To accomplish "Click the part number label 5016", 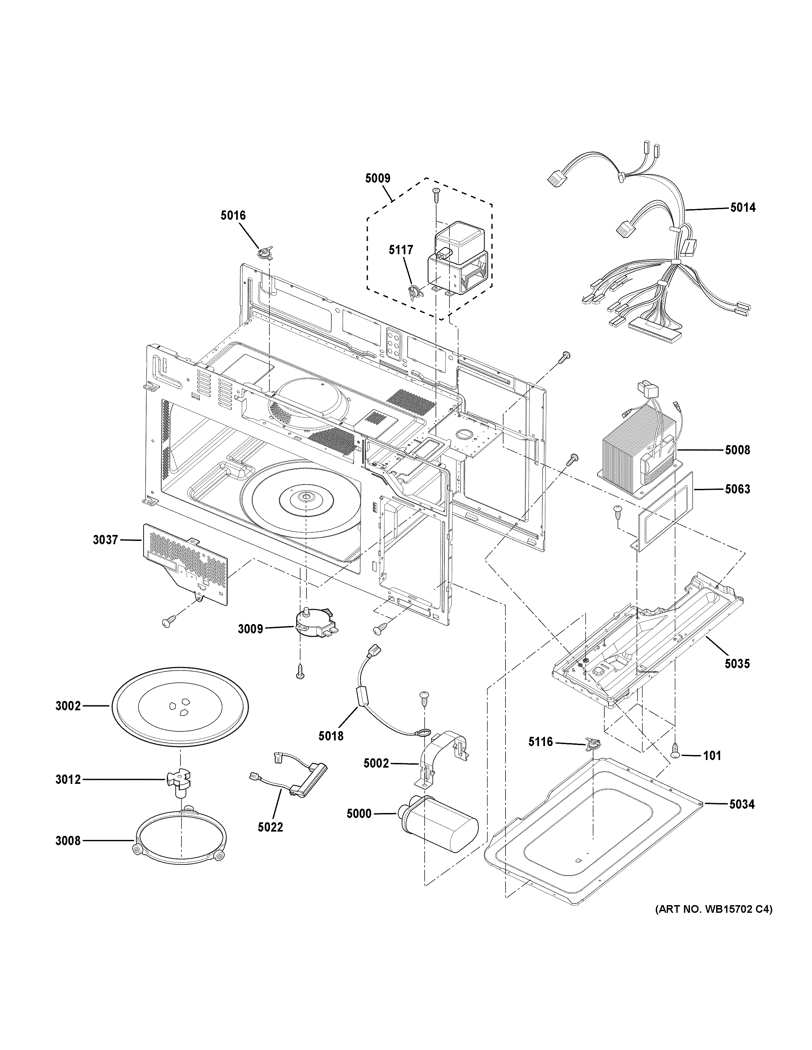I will [x=233, y=215].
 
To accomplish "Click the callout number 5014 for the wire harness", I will [x=742, y=208].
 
